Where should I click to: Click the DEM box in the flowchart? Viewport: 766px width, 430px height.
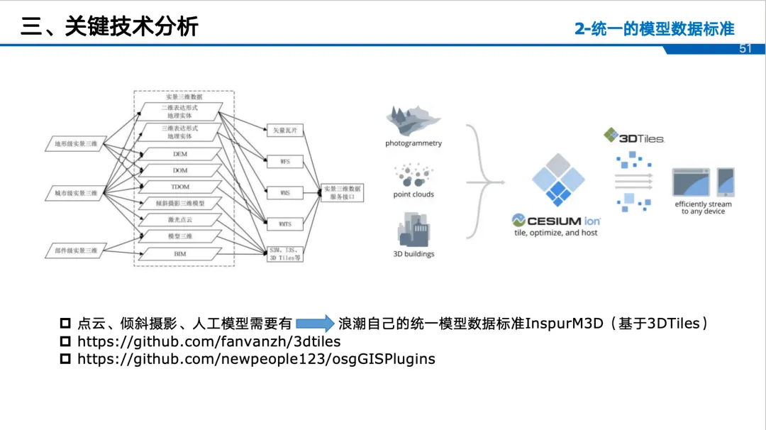tap(180, 154)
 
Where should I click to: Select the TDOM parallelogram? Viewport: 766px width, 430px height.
tap(180, 187)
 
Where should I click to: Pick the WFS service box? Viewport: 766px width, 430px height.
tap(284, 162)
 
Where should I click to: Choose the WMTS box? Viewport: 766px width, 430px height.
tap(284, 224)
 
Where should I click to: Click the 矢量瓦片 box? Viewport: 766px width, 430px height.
tap(284, 131)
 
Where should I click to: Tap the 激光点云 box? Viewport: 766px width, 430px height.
tap(180, 220)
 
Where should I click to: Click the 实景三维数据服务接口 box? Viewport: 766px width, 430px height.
tap(343, 192)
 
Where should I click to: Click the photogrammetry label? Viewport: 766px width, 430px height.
tap(413, 143)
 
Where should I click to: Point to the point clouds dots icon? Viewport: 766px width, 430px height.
tap(413, 175)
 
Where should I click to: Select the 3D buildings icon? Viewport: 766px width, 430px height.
tap(413, 231)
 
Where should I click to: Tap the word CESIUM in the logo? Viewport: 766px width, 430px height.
tap(555, 221)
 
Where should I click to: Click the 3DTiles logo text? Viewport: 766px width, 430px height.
tap(641, 138)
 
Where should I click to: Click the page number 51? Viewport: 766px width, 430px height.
tap(745, 49)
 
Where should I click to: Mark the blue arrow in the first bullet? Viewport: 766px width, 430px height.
tap(315, 324)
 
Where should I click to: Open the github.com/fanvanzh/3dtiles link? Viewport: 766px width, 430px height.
tap(209, 341)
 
